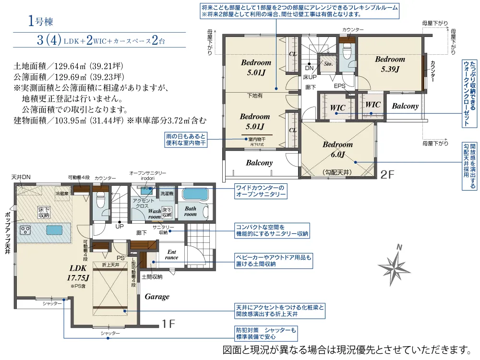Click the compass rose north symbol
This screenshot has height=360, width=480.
[x=394, y=265]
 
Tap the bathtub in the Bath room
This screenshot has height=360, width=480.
[x=195, y=194]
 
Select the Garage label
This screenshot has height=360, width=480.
[x=157, y=296]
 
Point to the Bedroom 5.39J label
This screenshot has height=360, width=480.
[x=390, y=64]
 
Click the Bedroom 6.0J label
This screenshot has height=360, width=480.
[x=337, y=149]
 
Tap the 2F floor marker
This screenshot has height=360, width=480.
[x=387, y=175]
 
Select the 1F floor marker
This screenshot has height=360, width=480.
[x=168, y=324]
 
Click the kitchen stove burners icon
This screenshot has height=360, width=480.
[x=25, y=230]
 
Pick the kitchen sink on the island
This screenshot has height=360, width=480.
[x=55, y=230]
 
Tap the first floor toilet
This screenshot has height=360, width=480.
[x=101, y=201]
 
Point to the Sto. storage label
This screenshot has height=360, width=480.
[x=328, y=64]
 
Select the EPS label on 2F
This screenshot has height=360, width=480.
[x=339, y=86]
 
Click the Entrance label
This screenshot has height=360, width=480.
[x=171, y=254]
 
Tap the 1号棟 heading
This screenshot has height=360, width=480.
[x=40, y=21]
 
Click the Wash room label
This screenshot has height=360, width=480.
[x=155, y=214]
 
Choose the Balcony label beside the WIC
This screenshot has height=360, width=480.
[x=405, y=106]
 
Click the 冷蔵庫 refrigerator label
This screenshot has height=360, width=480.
[x=62, y=193]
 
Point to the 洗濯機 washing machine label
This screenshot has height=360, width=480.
[x=167, y=193]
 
